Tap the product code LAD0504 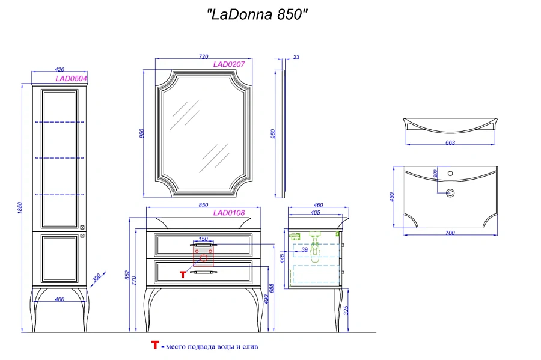click(71, 78)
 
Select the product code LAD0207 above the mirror click(229, 64)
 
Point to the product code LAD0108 click(229, 212)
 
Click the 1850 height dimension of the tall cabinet click(20, 207)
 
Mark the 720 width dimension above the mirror click(203, 56)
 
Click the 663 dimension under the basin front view click(450, 142)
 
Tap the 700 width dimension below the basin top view click(450, 233)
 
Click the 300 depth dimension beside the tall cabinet click(96, 279)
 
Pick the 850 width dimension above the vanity click(203, 205)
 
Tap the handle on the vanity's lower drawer click(203, 273)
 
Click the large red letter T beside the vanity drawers click(183, 274)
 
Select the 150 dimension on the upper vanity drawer click(203, 239)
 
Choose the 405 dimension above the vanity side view click(314, 212)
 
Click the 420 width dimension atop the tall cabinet click(59, 70)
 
